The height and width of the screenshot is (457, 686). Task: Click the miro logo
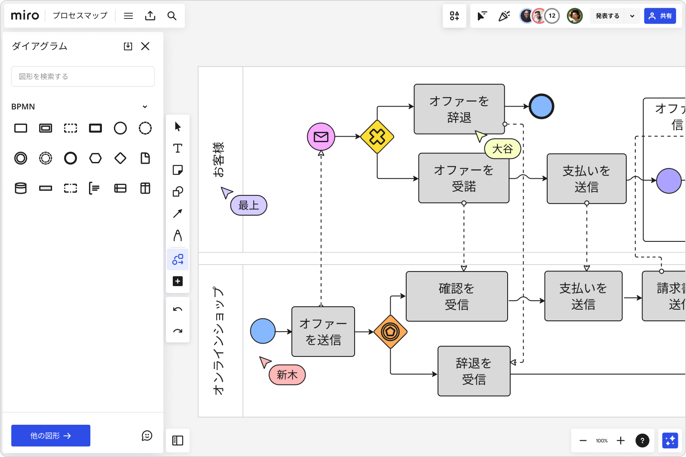25,15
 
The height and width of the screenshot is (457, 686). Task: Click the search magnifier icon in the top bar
172,16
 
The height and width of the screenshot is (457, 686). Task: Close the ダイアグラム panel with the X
145,46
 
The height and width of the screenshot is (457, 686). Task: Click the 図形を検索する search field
83,76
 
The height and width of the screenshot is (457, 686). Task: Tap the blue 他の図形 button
51,436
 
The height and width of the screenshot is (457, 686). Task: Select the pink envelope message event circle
321,137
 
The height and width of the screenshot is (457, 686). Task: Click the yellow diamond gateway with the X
377,137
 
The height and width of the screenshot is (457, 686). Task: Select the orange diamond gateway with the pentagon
390,332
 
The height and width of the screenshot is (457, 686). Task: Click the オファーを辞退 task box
459,109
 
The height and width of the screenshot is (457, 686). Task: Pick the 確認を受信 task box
456,296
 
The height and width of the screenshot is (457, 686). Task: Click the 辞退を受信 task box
474,371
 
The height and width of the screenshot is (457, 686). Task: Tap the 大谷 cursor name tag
502,149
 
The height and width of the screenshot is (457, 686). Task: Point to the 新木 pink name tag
287,375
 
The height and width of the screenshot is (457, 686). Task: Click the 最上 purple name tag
249,205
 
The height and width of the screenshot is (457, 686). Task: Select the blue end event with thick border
541,107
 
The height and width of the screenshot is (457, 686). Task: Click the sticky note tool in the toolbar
178,170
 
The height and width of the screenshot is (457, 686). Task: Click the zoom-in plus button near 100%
621,441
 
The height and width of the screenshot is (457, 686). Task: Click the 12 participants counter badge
552,16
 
